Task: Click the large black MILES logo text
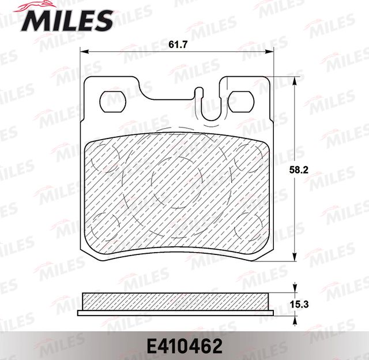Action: (68, 21)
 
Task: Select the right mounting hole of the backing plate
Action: (242, 102)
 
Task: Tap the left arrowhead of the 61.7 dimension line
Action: (82, 52)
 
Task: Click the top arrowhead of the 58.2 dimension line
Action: (295, 81)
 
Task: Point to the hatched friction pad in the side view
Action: (176, 301)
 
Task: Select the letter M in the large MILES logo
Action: (35, 21)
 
